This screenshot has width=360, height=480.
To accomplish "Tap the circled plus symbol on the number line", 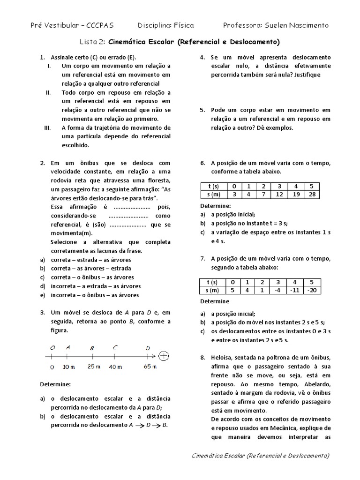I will coord(164,356).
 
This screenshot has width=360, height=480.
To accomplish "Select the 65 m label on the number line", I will coord(150,366).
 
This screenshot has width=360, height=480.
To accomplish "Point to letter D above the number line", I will coord(148,347).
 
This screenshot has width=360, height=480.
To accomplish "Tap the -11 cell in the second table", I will coord(294,290).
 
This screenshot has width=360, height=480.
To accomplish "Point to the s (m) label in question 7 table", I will coord(213,290).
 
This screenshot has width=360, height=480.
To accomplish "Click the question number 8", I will coord(202,357).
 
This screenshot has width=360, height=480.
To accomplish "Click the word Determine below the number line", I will coord(55,384).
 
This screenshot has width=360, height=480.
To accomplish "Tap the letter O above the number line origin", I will coord(52,347).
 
